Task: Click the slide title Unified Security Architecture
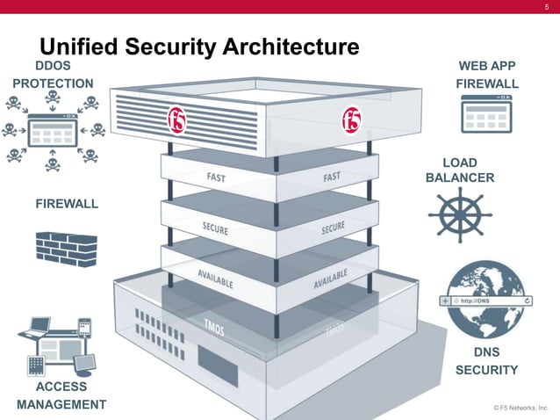[200, 47]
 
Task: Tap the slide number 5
[546, 8]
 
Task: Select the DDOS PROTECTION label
[53, 75]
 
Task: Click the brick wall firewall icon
[67, 249]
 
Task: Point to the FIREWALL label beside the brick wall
[67, 204]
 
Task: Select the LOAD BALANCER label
[460, 170]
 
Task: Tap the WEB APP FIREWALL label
[487, 75]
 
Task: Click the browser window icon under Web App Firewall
[486, 114]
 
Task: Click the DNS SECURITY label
[486, 361]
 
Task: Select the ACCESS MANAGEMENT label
[61, 395]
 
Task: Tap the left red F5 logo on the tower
[179, 115]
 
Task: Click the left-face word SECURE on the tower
[216, 228]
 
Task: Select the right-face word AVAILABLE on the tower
[331, 280]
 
